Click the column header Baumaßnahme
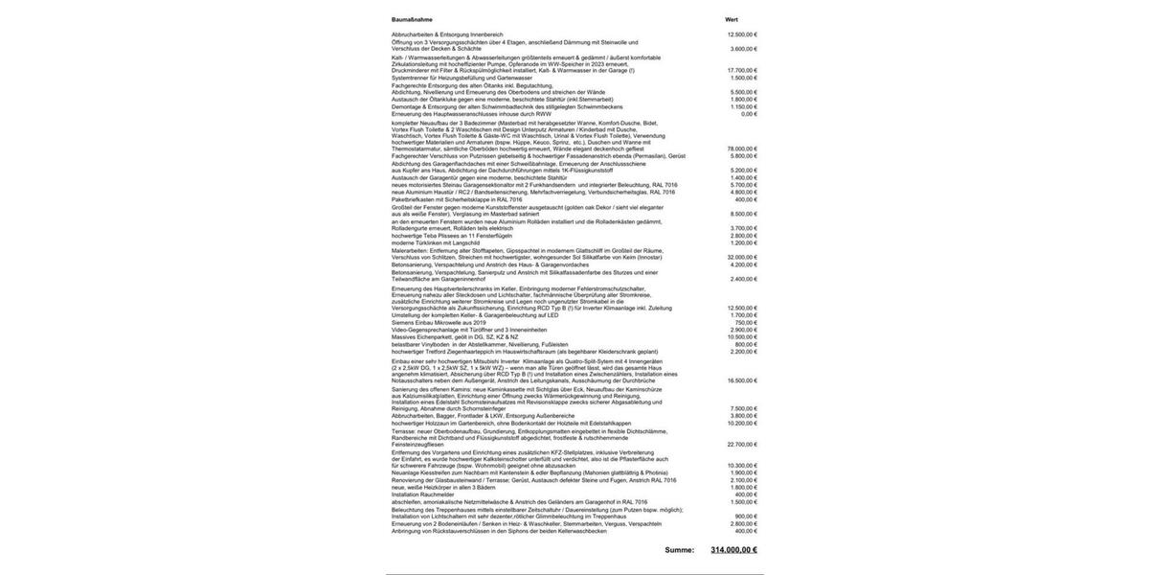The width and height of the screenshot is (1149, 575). point(412,19)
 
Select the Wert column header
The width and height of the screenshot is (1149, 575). point(732,19)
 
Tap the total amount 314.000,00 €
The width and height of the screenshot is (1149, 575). point(733,550)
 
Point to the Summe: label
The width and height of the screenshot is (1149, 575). point(680,550)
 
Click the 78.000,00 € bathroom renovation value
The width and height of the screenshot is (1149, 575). point(742,149)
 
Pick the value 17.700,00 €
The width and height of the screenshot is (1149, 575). point(742,70)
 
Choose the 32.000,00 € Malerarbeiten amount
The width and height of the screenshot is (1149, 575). point(742,257)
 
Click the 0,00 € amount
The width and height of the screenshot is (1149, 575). point(749,114)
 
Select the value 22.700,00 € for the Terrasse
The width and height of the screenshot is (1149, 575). point(742,445)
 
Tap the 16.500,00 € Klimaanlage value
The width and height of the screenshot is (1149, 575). point(742,380)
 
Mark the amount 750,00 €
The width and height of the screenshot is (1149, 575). point(746,322)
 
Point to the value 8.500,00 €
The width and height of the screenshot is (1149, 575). point(744,214)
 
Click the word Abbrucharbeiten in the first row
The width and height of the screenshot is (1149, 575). point(413,34)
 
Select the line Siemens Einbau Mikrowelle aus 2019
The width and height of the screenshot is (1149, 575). point(439,322)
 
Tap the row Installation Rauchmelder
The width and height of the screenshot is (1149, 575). point(422,494)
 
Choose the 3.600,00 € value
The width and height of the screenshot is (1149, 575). point(744,49)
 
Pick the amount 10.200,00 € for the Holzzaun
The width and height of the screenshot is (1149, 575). point(742,423)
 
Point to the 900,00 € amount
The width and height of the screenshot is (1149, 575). point(746,517)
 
